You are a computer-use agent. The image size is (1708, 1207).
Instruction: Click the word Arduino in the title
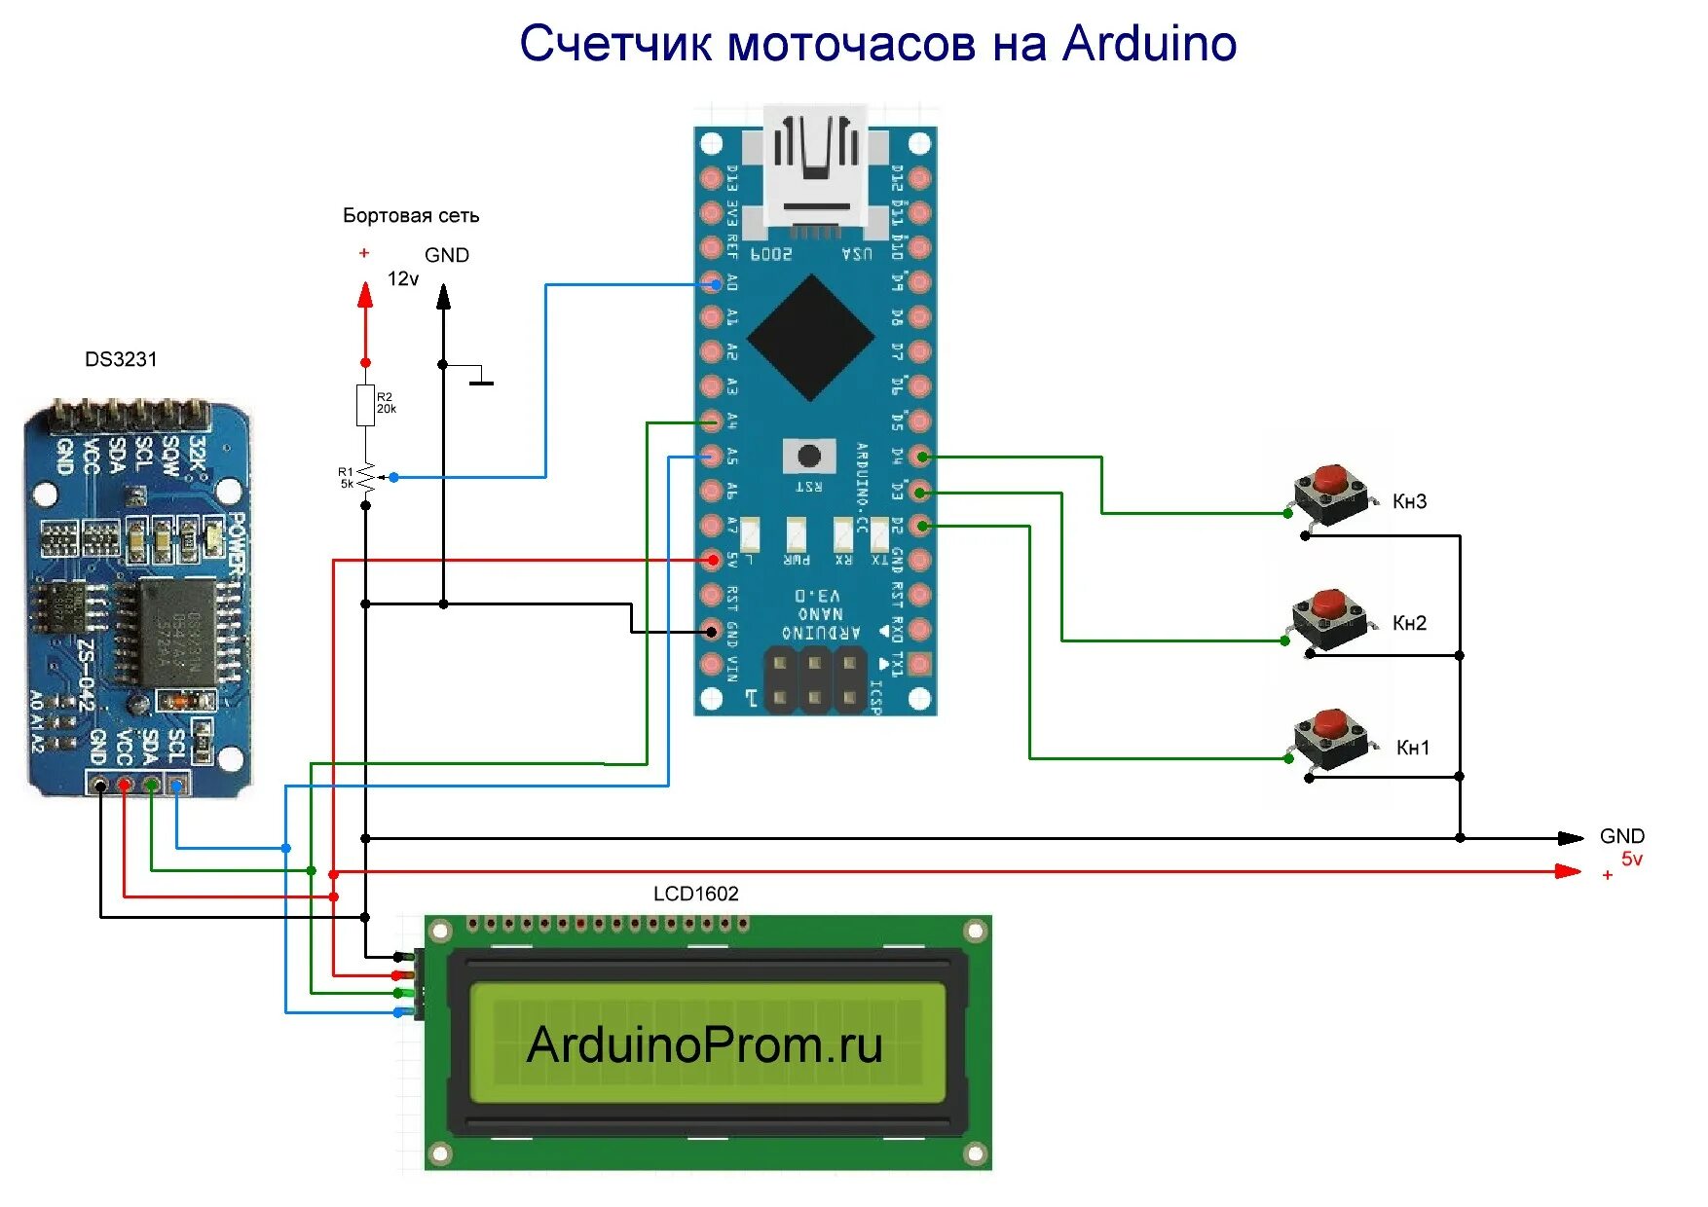click(x=1149, y=44)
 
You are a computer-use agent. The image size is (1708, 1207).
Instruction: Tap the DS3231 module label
click(x=121, y=359)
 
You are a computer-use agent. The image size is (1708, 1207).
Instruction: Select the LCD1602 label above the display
click(x=695, y=894)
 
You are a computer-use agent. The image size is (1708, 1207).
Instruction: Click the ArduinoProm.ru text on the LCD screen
click(x=704, y=1044)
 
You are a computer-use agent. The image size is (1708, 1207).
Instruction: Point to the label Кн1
click(x=1413, y=748)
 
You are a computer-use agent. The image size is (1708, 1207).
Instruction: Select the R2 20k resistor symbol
click(x=365, y=405)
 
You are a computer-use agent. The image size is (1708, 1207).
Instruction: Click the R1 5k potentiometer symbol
click(x=366, y=478)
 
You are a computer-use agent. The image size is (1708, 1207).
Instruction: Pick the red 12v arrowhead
click(x=365, y=295)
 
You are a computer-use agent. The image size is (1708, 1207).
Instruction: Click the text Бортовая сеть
click(x=410, y=215)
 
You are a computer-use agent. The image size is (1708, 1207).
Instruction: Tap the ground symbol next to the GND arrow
click(x=481, y=381)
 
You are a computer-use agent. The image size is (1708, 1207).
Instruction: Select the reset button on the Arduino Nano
click(x=808, y=456)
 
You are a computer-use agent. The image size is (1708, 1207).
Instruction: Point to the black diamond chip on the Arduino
click(x=810, y=338)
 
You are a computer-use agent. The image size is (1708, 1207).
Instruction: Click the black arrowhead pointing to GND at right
click(x=1570, y=838)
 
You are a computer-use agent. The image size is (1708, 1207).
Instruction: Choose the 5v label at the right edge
click(x=1631, y=860)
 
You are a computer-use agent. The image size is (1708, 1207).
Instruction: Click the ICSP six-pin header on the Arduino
click(x=814, y=680)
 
